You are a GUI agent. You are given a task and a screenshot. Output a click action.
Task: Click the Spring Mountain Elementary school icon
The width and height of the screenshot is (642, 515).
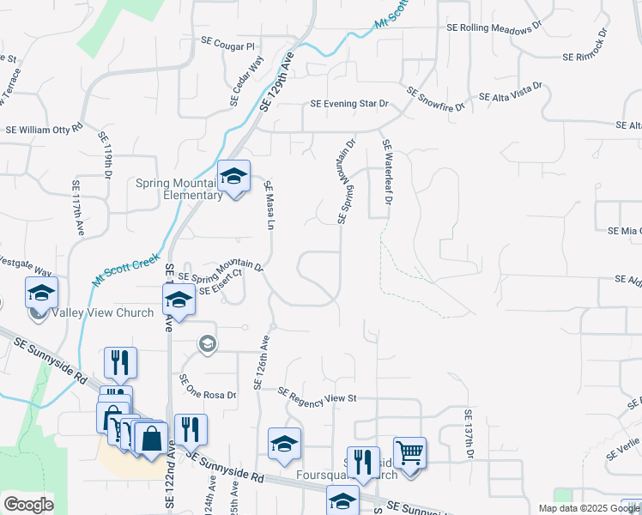point(233,177)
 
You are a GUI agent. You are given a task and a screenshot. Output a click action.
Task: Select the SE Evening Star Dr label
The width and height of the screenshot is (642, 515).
point(349,104)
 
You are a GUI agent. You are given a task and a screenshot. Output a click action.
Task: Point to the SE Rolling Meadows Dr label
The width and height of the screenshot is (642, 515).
point(494,27)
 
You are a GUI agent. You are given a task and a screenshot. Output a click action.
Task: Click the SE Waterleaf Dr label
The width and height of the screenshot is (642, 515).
point(387,173)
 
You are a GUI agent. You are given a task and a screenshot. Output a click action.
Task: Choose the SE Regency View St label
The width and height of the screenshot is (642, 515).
point(316,394)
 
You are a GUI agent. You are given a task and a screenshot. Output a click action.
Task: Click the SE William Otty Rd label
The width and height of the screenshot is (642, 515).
point(44,129)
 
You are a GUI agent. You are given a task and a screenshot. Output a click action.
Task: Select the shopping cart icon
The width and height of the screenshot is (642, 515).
point(410,451)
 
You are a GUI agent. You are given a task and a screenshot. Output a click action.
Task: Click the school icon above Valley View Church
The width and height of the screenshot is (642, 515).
point(41,293)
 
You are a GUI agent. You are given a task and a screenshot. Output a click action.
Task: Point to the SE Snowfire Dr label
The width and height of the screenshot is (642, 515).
point(435,100)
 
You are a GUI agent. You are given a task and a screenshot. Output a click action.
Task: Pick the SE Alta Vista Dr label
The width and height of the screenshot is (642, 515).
point(511,92)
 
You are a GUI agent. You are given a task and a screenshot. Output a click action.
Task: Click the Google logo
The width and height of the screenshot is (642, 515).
point(28,505)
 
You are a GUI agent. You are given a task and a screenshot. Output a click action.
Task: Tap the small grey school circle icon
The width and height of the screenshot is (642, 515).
point(206,344)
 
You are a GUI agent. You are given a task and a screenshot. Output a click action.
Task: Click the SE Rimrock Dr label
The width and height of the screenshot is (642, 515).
point(584,47)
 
